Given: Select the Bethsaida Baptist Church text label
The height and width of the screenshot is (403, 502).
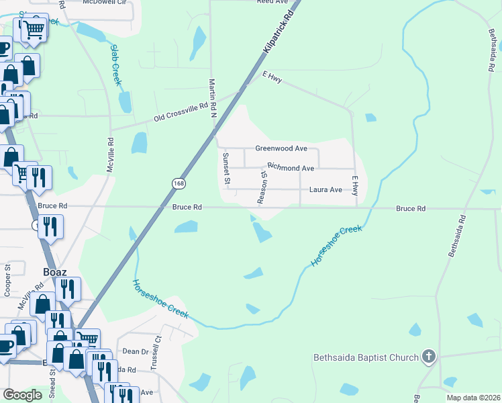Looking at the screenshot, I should coord(366,357).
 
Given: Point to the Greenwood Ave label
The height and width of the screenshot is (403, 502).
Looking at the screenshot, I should coord(281,148).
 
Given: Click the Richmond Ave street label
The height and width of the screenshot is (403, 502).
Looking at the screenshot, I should coord(291,167).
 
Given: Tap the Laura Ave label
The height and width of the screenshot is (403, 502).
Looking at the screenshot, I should coord(325,190).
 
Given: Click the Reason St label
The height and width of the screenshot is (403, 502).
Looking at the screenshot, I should coord(262,187).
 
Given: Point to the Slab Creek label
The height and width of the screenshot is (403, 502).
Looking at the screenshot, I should coord(115,64).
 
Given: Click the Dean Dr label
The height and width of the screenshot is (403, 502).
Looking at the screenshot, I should coord(135,351).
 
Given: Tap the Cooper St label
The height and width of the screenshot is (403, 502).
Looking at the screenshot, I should coord(8,280).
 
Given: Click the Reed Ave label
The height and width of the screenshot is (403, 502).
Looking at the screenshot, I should coord(272,2).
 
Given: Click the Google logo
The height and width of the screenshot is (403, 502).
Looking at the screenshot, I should coord(23,395).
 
